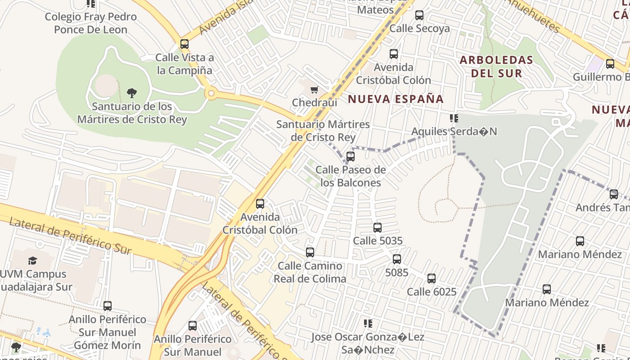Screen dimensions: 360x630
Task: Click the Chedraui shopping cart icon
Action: point(314,90)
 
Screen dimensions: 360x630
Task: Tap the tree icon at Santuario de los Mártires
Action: point(132,93)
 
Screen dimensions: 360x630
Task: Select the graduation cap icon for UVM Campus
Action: point(32,261)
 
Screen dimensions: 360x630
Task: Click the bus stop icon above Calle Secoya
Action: point(419,15)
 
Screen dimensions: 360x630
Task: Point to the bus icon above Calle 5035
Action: point(378,228)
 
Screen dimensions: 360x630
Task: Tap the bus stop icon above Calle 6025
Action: point(432,279)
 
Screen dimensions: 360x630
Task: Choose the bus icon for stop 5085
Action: point(396,259)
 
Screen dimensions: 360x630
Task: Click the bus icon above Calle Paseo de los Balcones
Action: point(351,157)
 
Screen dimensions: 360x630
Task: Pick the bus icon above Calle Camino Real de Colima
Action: point(310,252)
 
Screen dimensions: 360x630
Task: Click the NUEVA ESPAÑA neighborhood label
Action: point(396,99)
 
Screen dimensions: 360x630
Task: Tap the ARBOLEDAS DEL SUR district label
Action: point(496,66)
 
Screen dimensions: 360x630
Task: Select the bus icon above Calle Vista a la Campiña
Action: point(184,44)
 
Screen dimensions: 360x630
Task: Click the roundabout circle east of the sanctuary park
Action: point(211,94)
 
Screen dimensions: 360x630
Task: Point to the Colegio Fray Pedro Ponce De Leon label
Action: point(90,23)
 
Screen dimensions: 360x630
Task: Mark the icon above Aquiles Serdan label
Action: point(454,118)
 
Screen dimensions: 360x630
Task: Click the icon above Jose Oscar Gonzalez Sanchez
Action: point(368,324)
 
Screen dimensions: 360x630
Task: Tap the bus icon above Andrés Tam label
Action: point(614,194)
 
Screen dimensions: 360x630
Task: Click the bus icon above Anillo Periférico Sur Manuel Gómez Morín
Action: point(108,306)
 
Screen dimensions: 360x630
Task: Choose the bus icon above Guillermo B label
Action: point(610,64)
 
